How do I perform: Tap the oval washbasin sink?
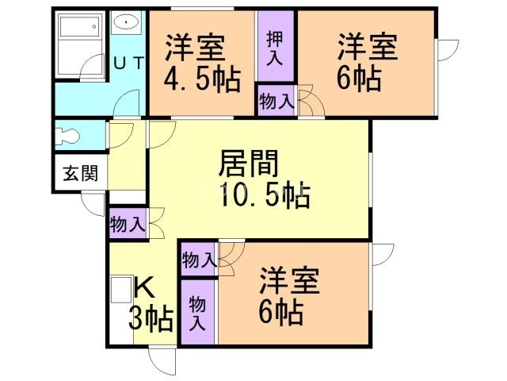125,22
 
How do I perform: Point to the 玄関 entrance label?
80,174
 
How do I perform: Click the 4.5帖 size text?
202,79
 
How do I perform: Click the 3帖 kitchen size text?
152,319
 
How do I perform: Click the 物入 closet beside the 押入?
275,102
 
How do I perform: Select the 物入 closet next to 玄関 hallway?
128,224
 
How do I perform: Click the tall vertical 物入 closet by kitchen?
197,313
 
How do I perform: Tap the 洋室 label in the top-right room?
367,46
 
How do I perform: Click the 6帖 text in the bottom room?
280,314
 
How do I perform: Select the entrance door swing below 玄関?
93,203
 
